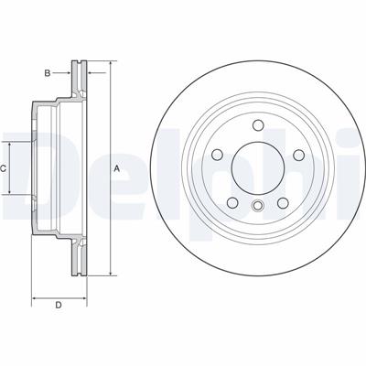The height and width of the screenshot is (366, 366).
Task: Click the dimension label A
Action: pyautogui.click(x=116, y=168)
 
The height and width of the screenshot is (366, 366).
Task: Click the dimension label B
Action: pyautogui.click(x=48, y=73)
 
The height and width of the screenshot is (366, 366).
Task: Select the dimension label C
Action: pyautogui.click(x=3, y=168)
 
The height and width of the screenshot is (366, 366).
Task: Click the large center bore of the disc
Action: pyautogui.click(x=258, y=167)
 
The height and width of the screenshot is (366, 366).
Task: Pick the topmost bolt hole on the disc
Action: pyautogui.click(x=258, y=125)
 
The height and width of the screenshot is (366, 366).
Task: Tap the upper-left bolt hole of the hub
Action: pyautogui.click(x=218, y=155)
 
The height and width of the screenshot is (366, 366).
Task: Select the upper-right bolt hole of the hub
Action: pyautogui.click(x=298, y=155)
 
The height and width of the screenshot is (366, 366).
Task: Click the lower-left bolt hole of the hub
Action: pyautogui.click(x=233, y=202)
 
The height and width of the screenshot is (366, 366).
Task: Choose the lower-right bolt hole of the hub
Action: pyautogui.click(x=283, y=202)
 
